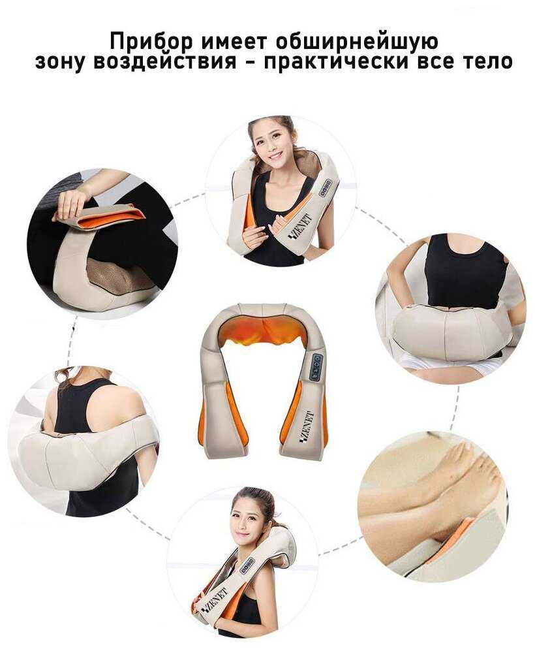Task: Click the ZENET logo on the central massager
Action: tap(307, 428)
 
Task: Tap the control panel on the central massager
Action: tap(318, 366)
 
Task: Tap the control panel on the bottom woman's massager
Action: tap(247, 566)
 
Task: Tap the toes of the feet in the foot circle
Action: tap(476, 460)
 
